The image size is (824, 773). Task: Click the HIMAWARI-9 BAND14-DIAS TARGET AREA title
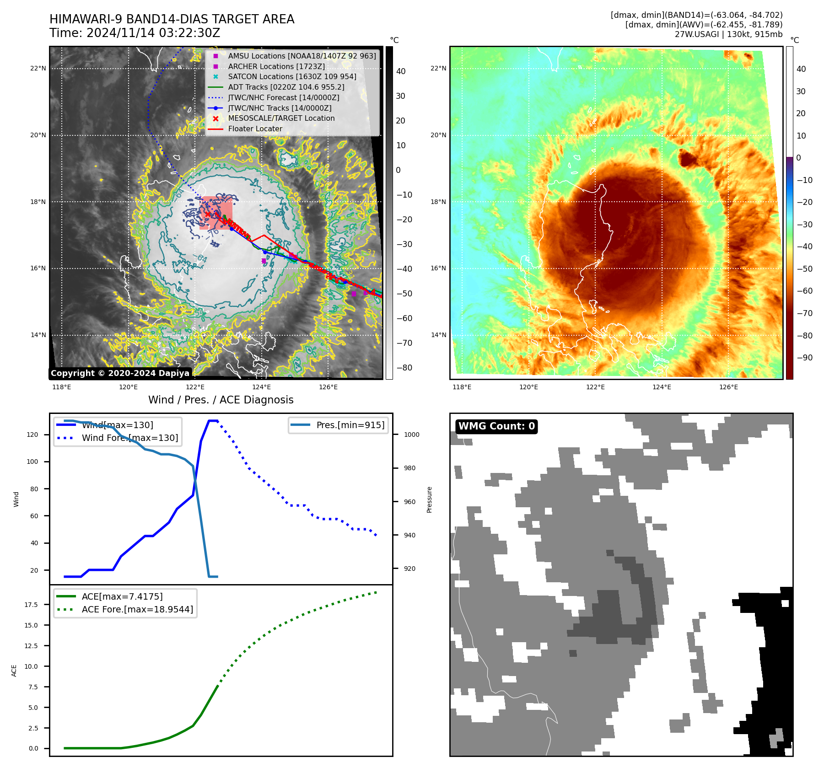[172, 19]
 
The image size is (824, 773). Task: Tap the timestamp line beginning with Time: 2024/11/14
[135, 33]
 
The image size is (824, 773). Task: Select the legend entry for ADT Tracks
[286, 87]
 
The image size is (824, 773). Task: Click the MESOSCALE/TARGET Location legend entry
[281, 118]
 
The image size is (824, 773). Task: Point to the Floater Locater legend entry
[255, 129]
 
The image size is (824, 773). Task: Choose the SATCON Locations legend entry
[292, 76]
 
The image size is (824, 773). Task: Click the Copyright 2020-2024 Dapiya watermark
[120, 373]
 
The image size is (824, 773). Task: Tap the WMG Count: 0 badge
[496, 426]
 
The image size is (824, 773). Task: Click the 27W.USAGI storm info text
[728, 34]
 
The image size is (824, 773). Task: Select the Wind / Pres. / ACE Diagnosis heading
[221, 400]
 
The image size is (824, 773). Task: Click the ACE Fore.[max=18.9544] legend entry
[137, 609]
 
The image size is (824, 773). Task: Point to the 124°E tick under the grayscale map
[261, 387]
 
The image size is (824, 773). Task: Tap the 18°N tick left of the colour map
[438, 202]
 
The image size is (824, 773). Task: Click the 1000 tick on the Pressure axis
[411, 435]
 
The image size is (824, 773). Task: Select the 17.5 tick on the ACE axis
[31, 605]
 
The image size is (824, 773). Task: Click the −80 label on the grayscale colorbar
[404, 367]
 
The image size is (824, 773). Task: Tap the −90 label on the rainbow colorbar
[804, 357]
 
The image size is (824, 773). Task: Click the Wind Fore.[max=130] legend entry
[130, 438]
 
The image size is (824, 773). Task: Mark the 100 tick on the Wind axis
[32, 462]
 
